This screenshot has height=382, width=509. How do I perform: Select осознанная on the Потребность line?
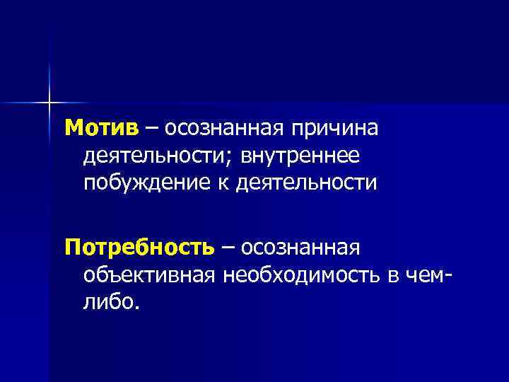(301, 248)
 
